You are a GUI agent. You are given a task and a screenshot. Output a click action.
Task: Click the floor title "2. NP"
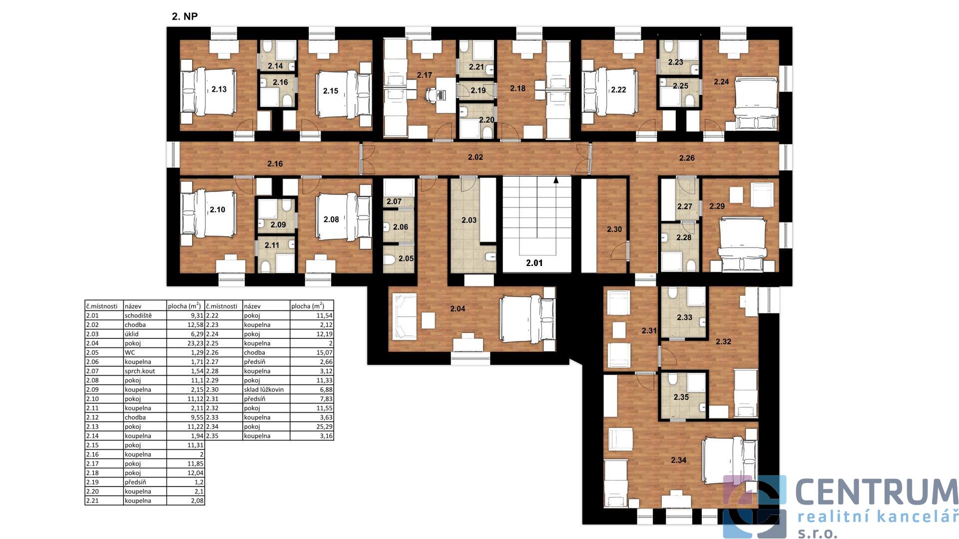[185, 16]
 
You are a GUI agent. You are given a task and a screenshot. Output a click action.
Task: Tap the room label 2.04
[458, 309]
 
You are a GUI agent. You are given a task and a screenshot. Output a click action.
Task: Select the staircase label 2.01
[534, 263]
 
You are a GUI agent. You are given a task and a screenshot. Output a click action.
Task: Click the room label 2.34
[678, 460]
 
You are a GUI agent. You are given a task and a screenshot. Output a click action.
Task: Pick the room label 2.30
[614, 230]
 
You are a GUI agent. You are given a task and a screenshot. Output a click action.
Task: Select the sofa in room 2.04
[405, 317]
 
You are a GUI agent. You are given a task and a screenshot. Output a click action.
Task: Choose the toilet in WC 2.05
[390, 259]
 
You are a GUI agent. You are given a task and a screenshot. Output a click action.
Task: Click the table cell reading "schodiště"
[138, 315]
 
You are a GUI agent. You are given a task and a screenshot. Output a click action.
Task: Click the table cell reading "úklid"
[132, 334]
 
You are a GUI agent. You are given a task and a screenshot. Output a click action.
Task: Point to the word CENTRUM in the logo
[877, 492]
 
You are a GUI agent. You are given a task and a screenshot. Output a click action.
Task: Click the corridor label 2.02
[476, 157]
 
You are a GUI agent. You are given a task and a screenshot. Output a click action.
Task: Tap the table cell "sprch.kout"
[140, 371]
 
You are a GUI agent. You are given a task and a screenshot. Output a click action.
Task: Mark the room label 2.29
[717, 206]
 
